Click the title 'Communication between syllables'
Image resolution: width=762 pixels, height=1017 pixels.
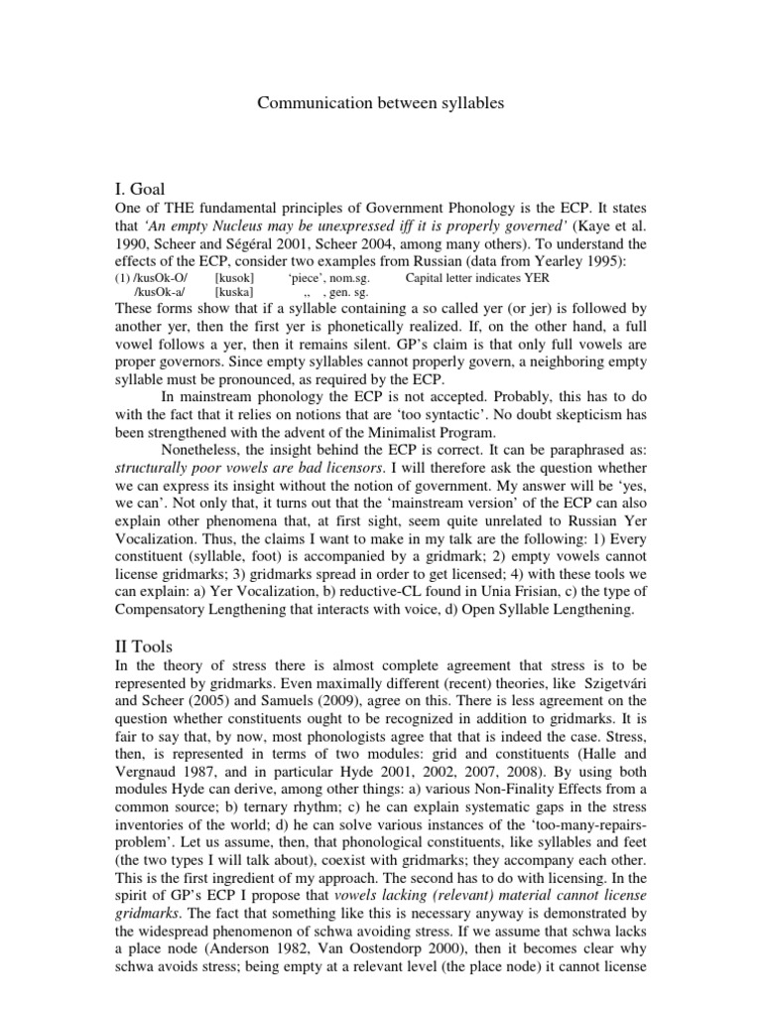coord(380,102)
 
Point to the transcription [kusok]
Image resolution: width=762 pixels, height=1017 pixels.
coord(234,278)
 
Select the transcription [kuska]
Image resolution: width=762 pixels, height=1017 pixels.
coord(234,294)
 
